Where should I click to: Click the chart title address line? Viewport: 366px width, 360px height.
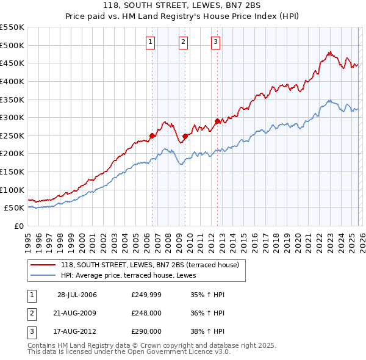[x=183, y=5]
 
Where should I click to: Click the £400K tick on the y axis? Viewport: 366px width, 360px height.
[x=12, y=81]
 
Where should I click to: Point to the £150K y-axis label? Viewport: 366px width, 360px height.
[x=12, y=172]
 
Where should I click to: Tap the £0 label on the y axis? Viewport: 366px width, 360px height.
[x=18, y=226]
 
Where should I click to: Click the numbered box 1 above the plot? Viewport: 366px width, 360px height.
[x=151, y=41]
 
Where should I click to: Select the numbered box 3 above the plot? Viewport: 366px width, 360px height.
[x=216, y=41]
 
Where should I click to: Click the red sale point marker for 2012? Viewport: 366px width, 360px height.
[x=217, y=121]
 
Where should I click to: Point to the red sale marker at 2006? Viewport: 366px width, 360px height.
[x=152, y=135]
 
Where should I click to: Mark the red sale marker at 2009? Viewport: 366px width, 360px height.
[x=185, y=136]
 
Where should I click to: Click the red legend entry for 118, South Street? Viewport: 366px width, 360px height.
[x=152, y=264]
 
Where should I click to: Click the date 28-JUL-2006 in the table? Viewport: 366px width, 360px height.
[x=77, y=295]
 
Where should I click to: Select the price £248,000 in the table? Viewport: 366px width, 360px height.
[x=146, y=313]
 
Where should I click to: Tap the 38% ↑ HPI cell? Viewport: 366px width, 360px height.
[x=207, y=331]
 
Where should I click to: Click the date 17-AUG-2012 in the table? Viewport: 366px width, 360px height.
[x=77, y=331]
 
